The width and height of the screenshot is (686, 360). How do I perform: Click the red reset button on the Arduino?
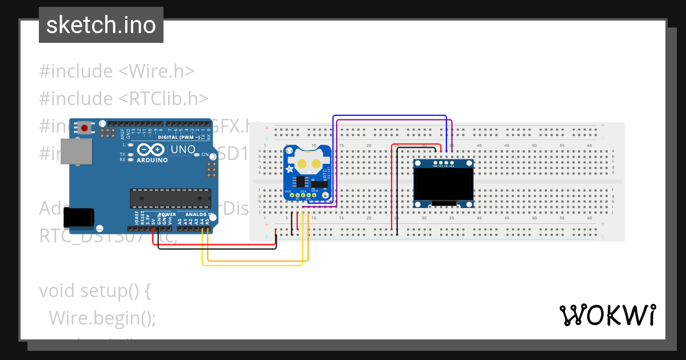click(x=85, y=128)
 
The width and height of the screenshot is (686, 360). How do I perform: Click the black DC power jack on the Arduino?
click(x=79, y=218)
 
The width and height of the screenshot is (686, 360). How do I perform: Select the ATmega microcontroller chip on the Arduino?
click(x=170, y=198)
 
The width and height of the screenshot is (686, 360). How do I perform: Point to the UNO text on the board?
click(x=184, y=150)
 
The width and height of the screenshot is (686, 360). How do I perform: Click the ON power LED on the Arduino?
click(x=197, y=154)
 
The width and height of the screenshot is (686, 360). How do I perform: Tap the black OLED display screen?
click(x=444, y=185)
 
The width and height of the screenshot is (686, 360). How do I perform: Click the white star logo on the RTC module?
click(x=290, y=169)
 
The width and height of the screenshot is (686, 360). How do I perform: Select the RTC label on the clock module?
click(x=325, y=173)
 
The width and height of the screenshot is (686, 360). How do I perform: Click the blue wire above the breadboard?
click(x=389, y=115)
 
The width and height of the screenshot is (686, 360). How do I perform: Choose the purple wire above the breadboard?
click(x=394, y=121)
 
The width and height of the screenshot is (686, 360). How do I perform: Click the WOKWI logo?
click(x=607, y=315)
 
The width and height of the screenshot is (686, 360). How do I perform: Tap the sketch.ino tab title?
click(x=101, y=25)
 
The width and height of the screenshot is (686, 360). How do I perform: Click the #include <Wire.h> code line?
click(x=117, y=71)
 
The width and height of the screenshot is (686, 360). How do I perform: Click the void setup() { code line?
click(x=94, y=290)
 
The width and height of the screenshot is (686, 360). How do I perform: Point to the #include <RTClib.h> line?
click(x=123, y=98)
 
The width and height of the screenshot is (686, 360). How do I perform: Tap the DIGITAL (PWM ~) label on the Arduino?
click(x=178, y=138)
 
